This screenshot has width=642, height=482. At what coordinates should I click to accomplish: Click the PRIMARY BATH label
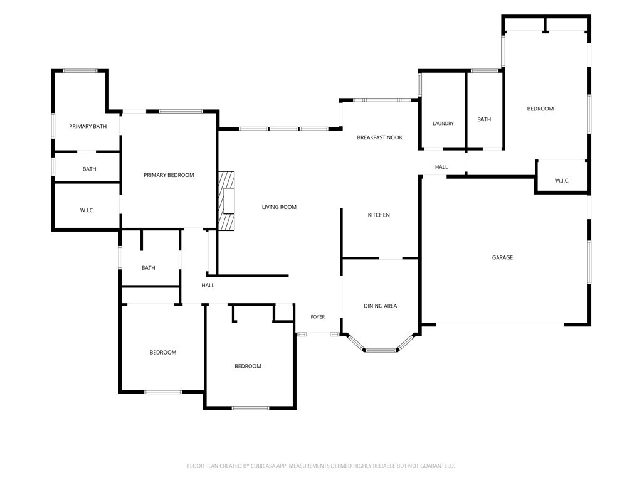pos(88,126)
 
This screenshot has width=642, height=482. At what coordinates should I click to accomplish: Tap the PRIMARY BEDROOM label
pos(169,175)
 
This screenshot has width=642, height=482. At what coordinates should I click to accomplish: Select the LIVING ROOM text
pos(279,207)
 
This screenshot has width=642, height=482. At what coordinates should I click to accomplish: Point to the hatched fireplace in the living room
pos(226,201)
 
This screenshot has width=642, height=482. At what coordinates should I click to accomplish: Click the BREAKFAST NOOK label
pos(379,137)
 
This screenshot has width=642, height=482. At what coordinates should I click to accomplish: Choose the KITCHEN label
pos(379,215)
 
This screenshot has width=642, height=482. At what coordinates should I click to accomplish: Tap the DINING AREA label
pos(381,306)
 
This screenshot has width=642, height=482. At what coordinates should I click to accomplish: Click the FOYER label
pos(318,317)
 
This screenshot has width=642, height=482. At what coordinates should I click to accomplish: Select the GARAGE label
pos(502,257)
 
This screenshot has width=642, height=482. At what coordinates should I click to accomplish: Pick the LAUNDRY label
pos(443,124)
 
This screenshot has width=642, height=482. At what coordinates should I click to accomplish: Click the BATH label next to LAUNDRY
pos(484,119)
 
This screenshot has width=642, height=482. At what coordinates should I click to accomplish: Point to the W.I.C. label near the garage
pos(562,181)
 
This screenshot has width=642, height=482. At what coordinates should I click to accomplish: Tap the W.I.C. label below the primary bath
pos(87,210)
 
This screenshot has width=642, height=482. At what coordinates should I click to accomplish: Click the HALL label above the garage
pos(441,167)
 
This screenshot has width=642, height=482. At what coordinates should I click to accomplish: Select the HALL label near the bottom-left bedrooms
pos(208,286)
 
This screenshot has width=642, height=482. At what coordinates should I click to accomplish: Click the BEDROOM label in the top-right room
pos(540,109)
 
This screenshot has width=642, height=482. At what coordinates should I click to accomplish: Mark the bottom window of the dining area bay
pos(381,350)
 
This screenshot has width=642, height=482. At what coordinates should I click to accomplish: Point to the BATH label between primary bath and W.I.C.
pos(89,169)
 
